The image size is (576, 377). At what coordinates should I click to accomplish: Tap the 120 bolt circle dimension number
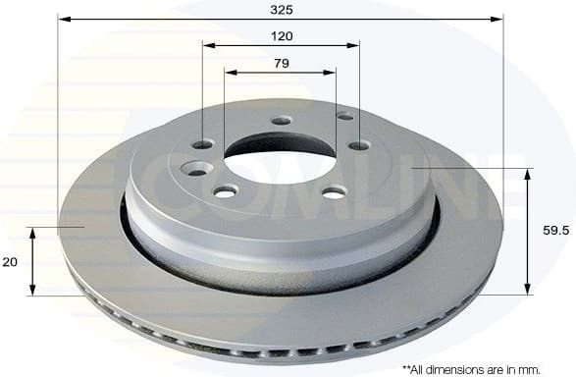pyautogui.click(x=281, y=35)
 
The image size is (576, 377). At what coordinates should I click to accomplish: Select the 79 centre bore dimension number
pyautogui.click(x=281, y=64)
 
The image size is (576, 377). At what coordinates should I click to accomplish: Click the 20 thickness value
pyautogui.click(x=10, y=262)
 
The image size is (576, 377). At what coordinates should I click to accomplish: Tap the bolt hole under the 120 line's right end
pyautogui.click(x=359, y=145)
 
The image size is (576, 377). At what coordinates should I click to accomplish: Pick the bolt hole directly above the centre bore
pyautogui.click(x=282, y=121)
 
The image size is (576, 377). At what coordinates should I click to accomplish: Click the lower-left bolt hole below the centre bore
pyautogui.click(x=227, y=190)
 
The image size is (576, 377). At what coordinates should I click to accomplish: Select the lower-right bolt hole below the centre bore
pyautogui.click(x=334, y=190)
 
